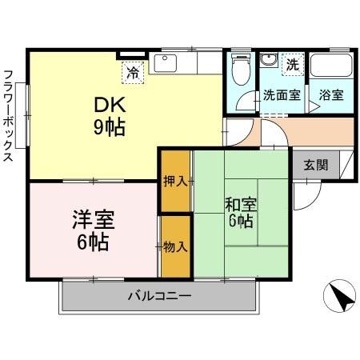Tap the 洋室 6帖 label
tap(94, 230)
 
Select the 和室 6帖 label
tap(239, 210)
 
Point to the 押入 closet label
tap(175, 181)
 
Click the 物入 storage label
tap(175, 246)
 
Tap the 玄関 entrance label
tap(315, 165)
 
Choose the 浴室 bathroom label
tap(330, 94)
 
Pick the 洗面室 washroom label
tap(282, 94)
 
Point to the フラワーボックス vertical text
tap(9, 116)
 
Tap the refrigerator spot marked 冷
tap(133, 72)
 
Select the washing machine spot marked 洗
tap(293, 64)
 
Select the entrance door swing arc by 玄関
tap(307, 192)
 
